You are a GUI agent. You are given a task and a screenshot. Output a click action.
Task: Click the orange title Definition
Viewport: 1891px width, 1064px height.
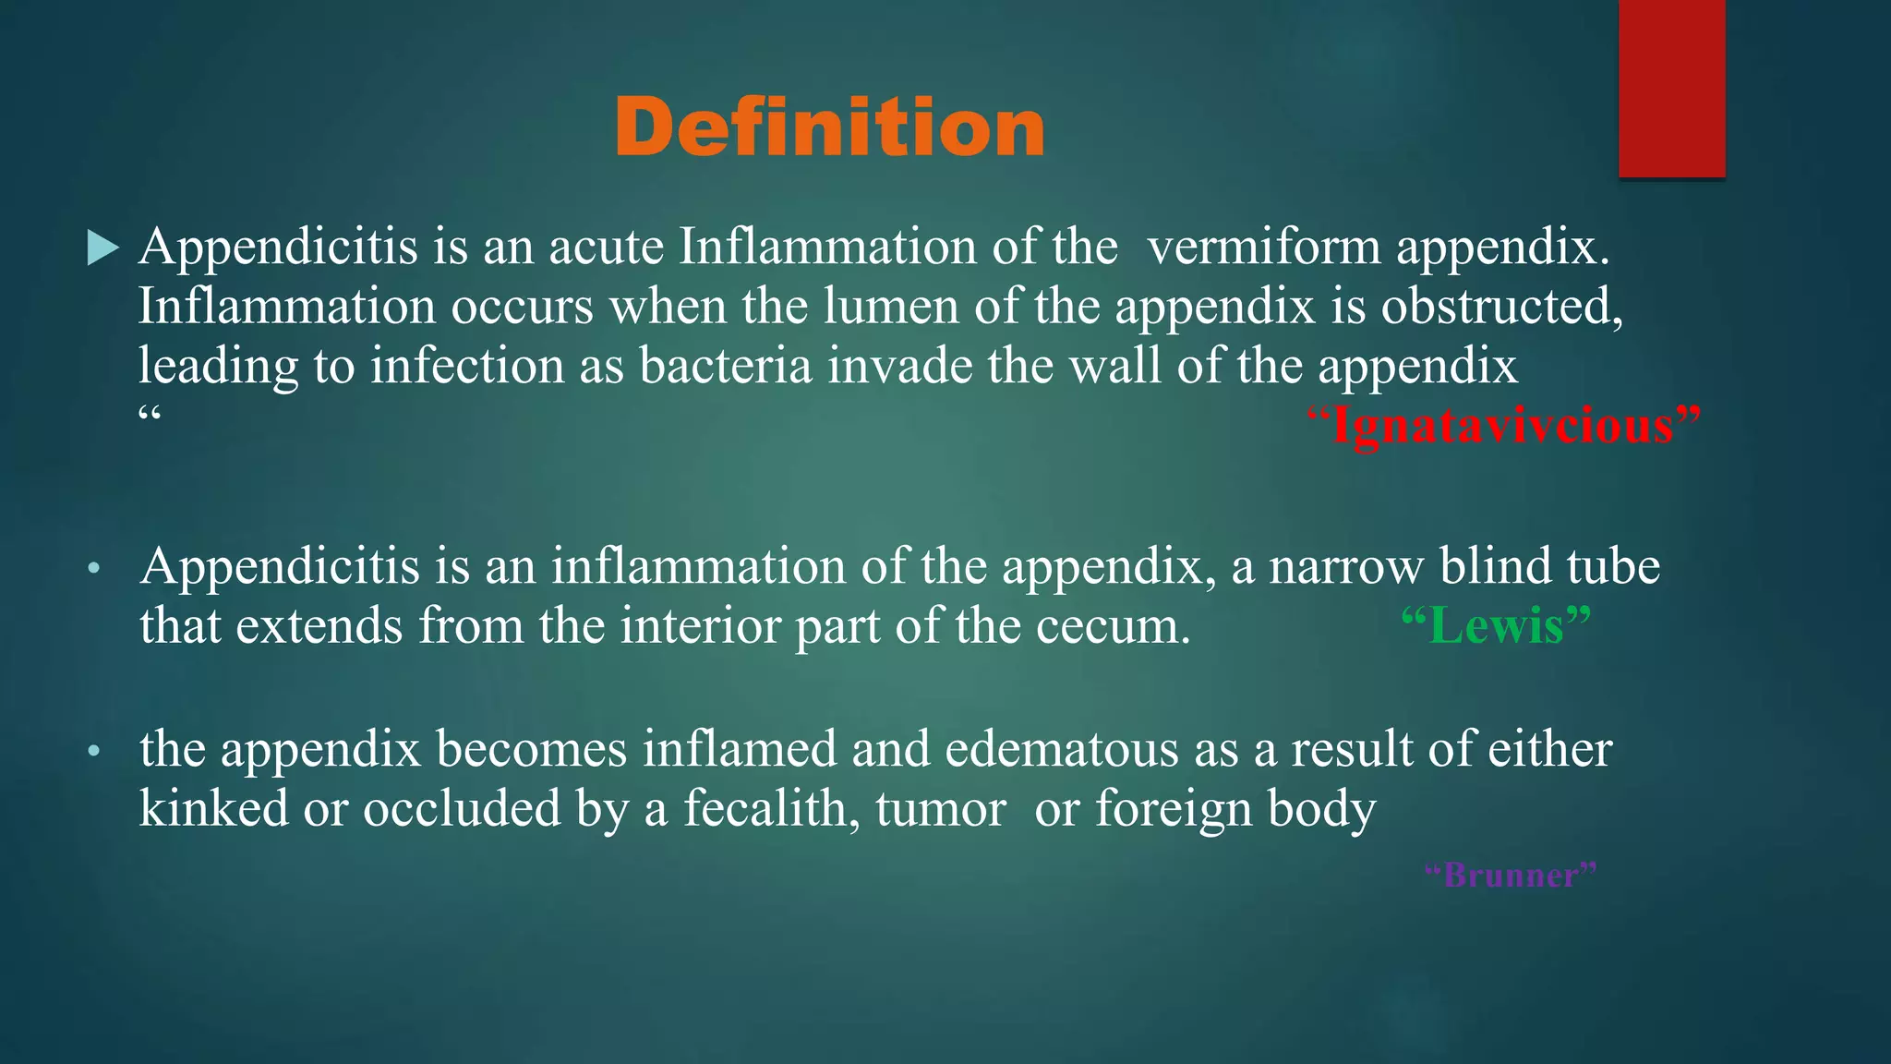[x=829, y=127]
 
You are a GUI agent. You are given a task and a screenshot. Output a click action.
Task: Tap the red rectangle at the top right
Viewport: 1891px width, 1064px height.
[x=1671, y=88]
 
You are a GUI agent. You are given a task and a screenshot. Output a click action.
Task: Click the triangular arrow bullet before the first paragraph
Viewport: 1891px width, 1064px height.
[x=102, y=248]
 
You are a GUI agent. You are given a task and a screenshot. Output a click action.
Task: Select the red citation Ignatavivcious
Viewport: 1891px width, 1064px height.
[x=1503, y=426]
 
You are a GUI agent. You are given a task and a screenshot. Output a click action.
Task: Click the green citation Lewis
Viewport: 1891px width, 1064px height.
[x=1496, y=626]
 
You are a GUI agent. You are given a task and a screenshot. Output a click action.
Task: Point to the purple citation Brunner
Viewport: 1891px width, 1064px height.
[x=1511, y=874]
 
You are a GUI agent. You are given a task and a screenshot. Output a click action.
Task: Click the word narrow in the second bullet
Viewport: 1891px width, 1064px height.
[x=1345, y=566]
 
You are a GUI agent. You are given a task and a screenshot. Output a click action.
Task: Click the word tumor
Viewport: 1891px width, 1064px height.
[x=940, y=809]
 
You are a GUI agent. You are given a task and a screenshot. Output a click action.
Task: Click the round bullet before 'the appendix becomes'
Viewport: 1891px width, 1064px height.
[x=92, y=752]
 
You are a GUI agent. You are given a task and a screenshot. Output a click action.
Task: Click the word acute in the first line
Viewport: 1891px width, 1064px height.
[x=607, y=248]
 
